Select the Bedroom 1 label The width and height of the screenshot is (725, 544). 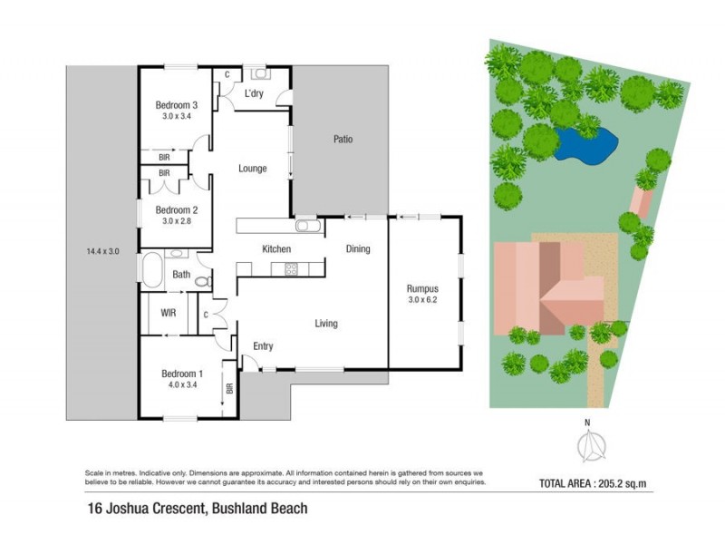pos(181,374)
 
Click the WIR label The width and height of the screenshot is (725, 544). pos(168,313)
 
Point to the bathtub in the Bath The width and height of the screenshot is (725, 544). pos(150,270)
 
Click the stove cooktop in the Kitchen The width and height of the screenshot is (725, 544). pos(292,267)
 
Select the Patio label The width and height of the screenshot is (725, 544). pos(342,140)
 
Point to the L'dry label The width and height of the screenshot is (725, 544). pos(255,94)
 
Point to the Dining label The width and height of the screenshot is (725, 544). pos(358,248)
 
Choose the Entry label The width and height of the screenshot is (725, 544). pos(263,346)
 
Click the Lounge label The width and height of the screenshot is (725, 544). pos(252,168)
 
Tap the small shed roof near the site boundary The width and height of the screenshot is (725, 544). pos(640,202)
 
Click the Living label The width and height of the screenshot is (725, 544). pos(326,323)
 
